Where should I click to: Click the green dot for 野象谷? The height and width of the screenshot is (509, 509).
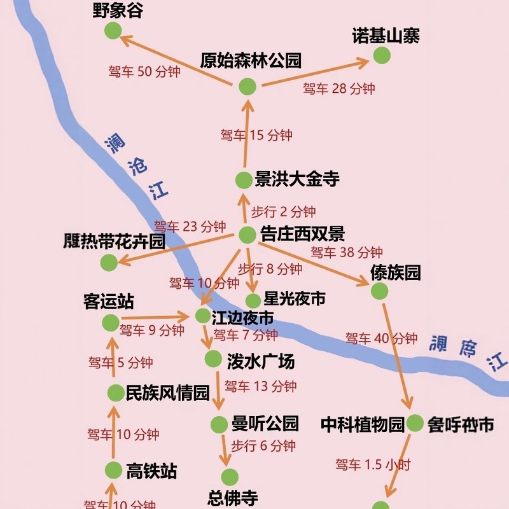113,30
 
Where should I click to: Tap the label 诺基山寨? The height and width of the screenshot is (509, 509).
386,36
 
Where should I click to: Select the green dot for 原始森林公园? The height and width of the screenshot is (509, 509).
248,87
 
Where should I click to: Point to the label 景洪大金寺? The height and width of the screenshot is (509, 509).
297,179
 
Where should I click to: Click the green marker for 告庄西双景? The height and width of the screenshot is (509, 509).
248,235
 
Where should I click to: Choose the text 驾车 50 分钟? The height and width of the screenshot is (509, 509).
144,71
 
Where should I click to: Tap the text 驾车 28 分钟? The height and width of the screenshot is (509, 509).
339,88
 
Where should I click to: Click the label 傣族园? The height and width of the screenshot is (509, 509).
396,273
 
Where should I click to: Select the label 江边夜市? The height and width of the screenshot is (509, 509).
242,317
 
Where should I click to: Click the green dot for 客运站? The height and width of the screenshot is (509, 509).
110,323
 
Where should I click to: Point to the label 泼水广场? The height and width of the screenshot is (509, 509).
261,361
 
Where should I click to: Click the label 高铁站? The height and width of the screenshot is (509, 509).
151,471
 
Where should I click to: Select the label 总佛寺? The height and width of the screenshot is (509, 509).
234,497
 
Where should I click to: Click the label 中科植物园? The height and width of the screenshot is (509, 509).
362,424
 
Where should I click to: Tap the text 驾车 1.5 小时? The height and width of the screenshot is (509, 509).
373,464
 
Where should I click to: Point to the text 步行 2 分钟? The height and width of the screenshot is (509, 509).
283,212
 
